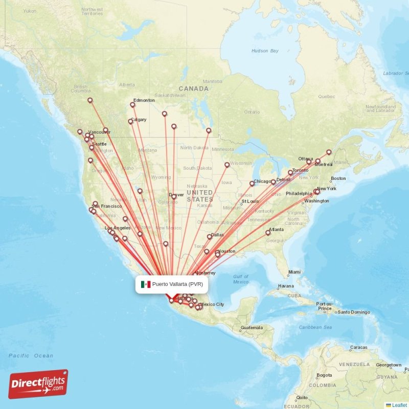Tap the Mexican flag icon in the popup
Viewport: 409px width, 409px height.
[146, 284]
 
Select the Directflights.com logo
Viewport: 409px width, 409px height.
[38, 384]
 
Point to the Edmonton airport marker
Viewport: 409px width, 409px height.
[132, 105]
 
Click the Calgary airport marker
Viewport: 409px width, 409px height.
[130, 122]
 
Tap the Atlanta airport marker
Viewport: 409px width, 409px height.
[268, 233]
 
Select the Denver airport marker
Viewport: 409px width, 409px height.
[174, 196]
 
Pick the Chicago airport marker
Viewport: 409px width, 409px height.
[252, 184]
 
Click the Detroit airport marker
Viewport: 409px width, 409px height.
[274, 182]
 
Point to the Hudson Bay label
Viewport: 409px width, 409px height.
[265, 51]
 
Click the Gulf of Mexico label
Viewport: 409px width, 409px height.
[240, 279]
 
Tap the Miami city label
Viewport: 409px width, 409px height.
[294, 272]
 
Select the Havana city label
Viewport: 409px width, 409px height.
[285, 286]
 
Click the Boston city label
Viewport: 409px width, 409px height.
[338, 178]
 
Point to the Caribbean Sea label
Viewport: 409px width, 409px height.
[316, 327]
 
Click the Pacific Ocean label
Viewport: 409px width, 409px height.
[31, 355]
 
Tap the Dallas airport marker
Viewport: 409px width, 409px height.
[209, 237]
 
